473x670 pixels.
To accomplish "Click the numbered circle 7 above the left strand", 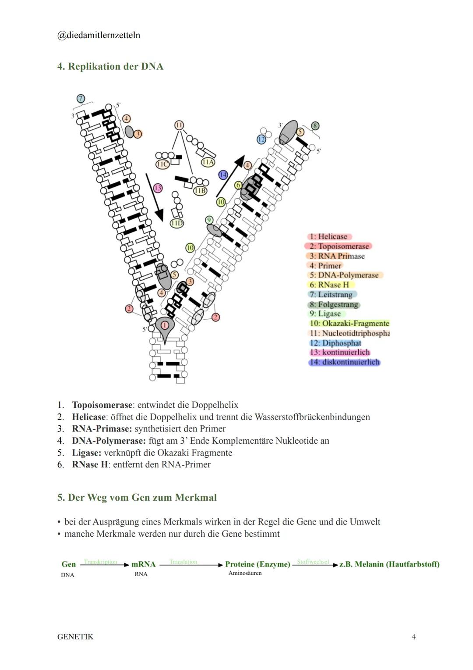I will pos(81,98).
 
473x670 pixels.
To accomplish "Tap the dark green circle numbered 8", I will pos(315,126).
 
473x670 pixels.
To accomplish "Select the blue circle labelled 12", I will pos(261,139).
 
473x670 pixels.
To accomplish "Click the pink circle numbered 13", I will pos(158,188).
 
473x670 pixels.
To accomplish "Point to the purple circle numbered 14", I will pos(223,175).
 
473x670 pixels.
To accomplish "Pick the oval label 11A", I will pos(208,162).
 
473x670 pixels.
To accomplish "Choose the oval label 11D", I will pos(176,223).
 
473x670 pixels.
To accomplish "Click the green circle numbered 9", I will pos(209,220).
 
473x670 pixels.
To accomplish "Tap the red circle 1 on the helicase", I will pos(165,325).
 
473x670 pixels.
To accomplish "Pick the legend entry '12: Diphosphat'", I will pos(335,343).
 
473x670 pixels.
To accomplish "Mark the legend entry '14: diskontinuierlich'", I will pos(345,363).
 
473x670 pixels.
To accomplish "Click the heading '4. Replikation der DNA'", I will pos(110,67).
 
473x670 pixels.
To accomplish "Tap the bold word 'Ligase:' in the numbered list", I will pos(87,453).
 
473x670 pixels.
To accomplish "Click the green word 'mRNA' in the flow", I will pos(143,564).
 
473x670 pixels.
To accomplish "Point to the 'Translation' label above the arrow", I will pos(184,562).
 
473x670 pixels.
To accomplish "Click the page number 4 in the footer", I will pos(414,637).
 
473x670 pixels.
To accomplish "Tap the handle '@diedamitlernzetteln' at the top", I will pos(99,36).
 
